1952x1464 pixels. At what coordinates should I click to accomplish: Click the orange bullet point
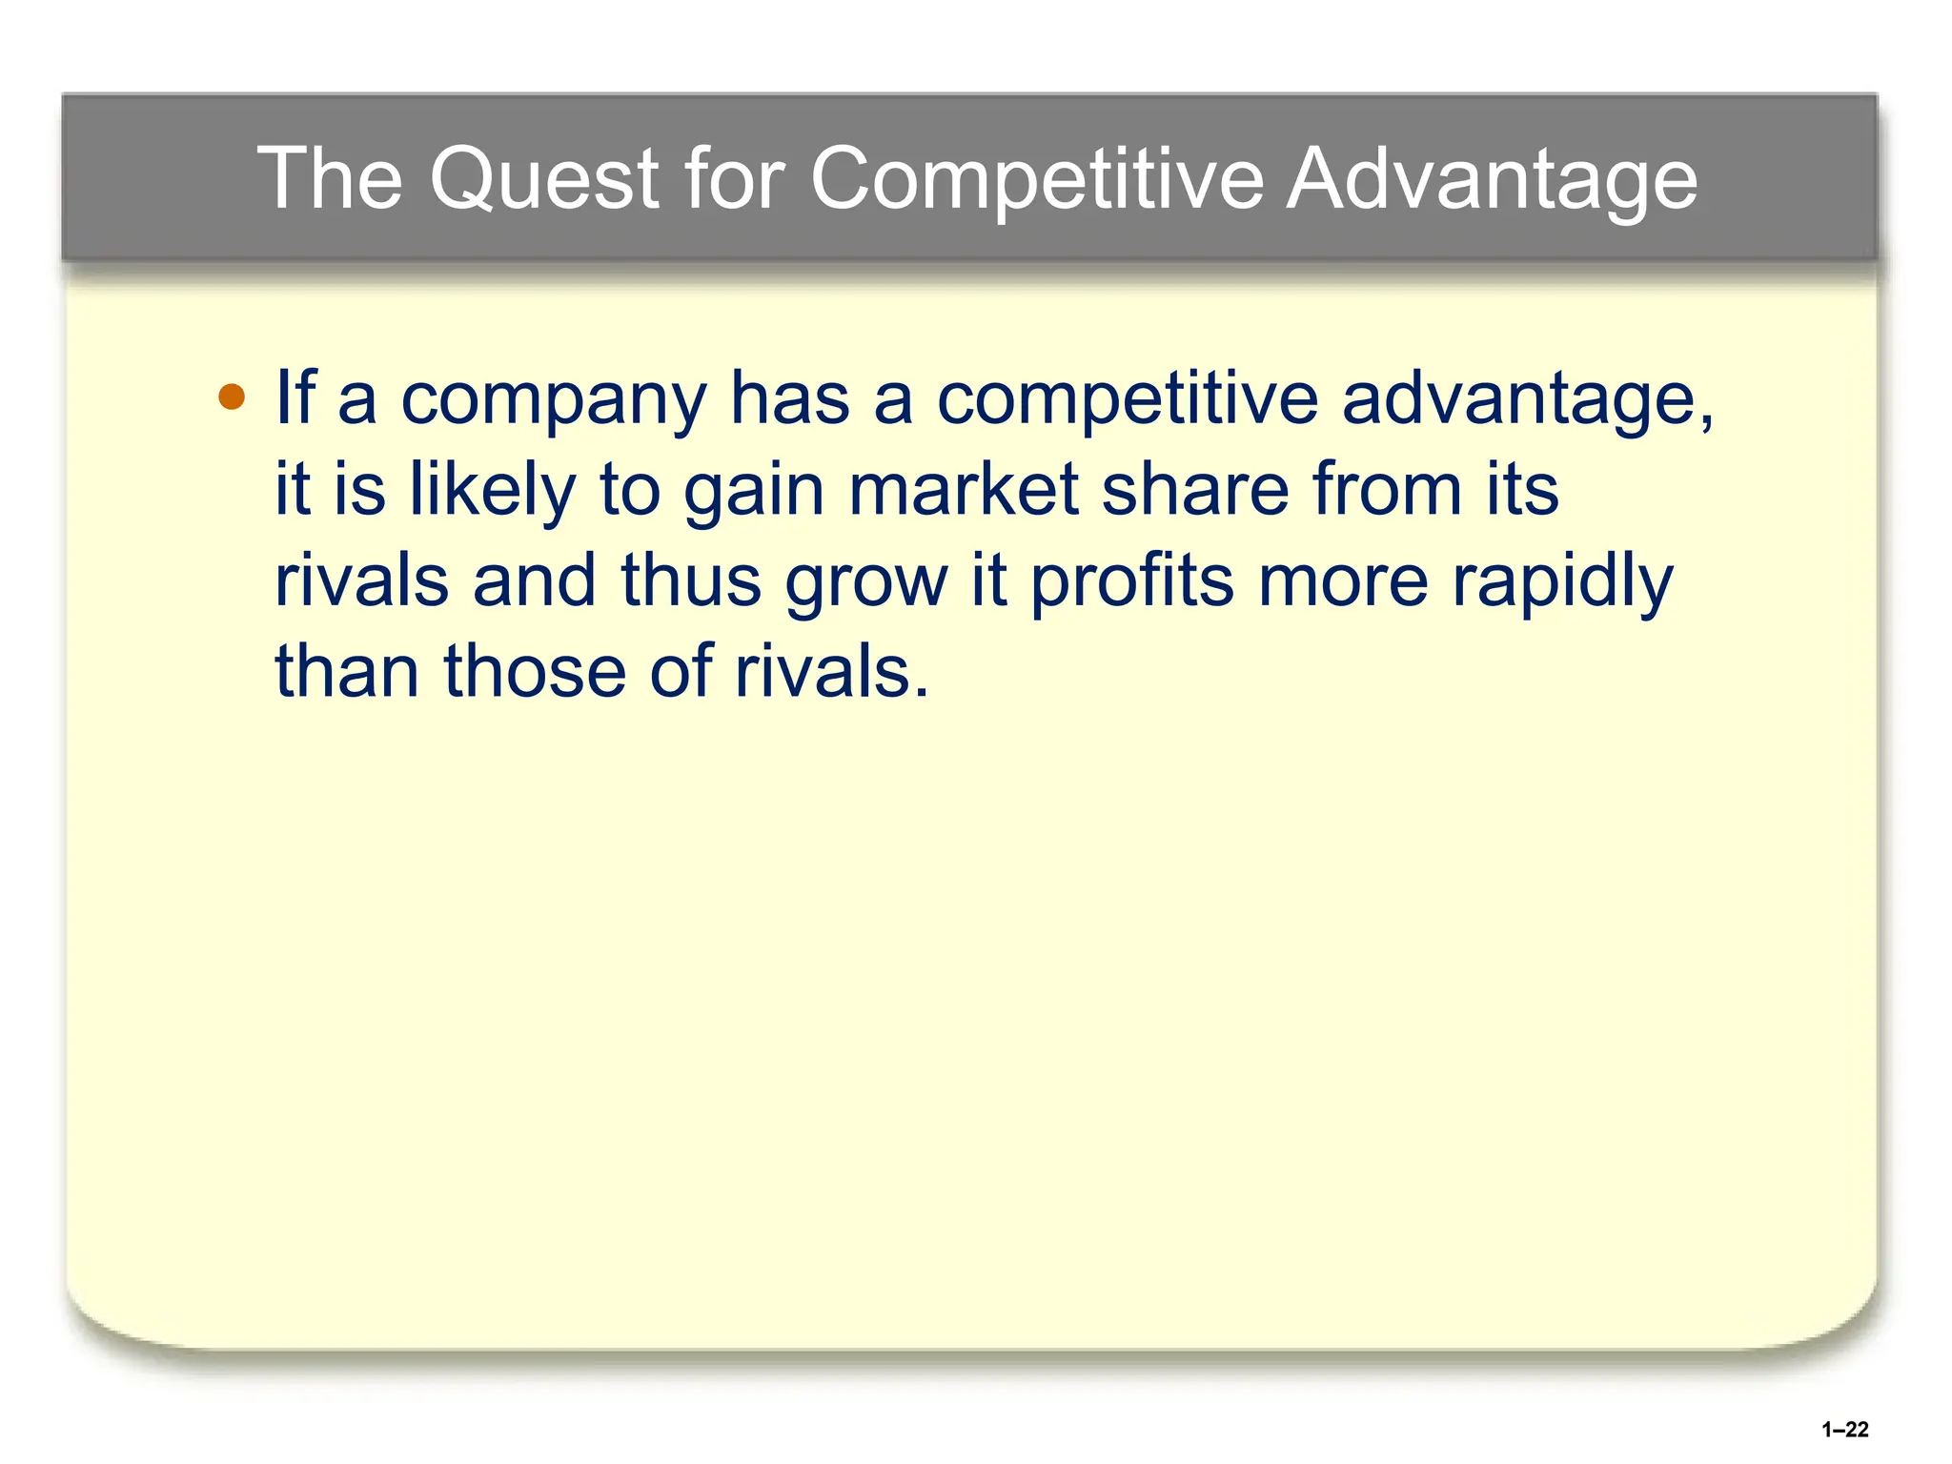pos(232,396)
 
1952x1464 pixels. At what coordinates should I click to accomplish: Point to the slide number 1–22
pos(1844,1429)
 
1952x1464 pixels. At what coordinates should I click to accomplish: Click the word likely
pos(492,490)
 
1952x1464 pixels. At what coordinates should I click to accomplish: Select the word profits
pos(1132,581)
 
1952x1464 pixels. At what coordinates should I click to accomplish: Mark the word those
pos(534,671)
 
